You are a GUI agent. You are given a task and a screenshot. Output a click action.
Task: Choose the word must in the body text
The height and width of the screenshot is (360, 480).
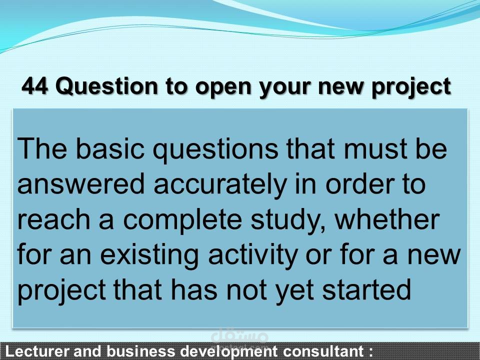369,149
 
